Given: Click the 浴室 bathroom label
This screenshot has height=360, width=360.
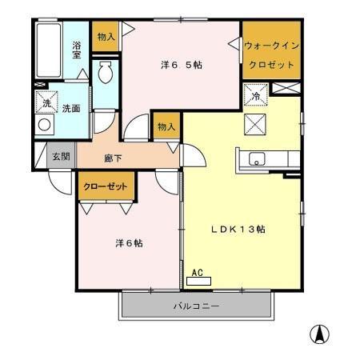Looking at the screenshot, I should [x=78, y=50].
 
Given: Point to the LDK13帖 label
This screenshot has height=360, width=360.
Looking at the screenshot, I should [x=238, y=229].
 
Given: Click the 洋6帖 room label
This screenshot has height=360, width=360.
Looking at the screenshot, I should [x=126, y=242].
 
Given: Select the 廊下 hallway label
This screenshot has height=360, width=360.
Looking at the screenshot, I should [x=112, y=158].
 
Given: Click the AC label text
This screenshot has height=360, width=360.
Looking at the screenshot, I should [x=198, y=272].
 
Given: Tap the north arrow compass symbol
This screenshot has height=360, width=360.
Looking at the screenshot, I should [x=319, y=334].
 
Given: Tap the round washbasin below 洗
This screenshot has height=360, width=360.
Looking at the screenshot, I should [x=45, y=125].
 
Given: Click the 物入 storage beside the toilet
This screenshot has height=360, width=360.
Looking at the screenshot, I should [x=106, y=37].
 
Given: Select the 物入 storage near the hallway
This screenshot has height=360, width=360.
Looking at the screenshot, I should [x=166, y=126].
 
